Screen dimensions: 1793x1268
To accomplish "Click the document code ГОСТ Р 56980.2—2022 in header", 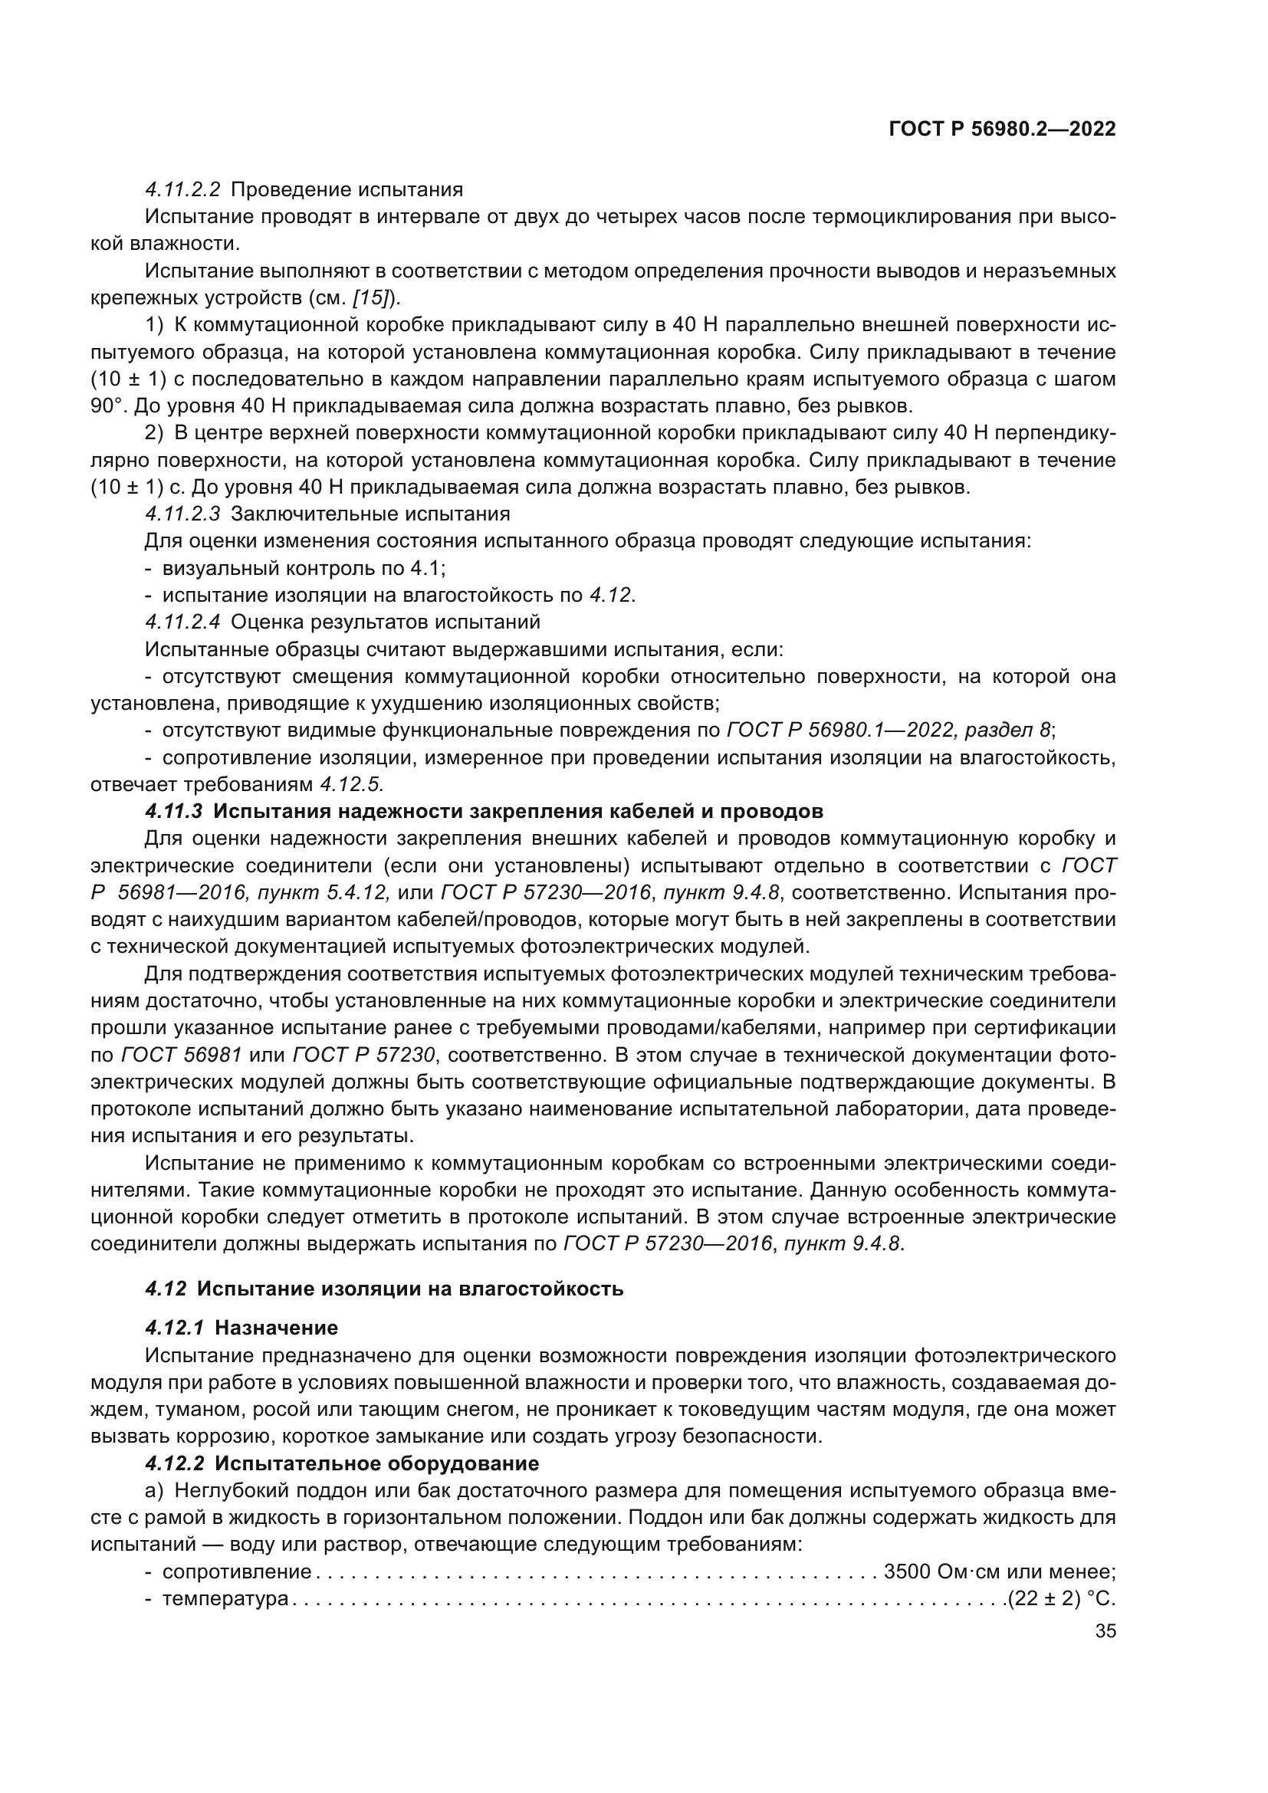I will click(1003, 130).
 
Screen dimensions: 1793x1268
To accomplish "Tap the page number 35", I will click(1105, 1631).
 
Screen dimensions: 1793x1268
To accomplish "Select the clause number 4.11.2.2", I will click(182, 190).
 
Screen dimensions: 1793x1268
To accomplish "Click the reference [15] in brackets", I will click(375, 298).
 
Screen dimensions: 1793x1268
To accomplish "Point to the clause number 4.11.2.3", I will click(182, 514).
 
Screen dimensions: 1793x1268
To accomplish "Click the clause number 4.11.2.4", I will click(182, 622).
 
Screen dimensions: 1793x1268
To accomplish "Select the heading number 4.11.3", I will click(173, 811).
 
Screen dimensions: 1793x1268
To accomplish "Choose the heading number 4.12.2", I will click(173, 1463).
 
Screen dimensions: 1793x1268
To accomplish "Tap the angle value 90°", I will click(107, 406).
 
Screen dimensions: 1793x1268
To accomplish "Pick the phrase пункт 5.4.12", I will click(349, 892).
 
